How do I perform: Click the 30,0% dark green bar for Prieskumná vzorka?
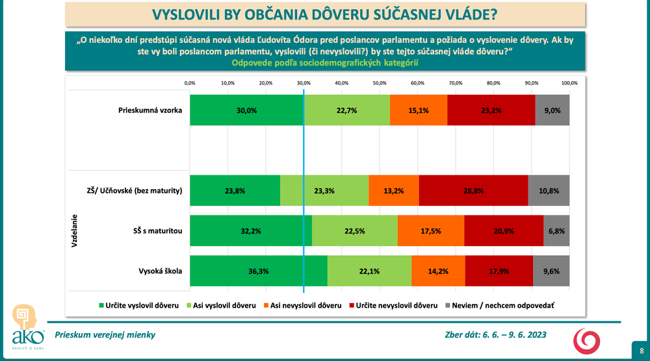click(246, 110)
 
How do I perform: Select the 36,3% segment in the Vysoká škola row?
click(259, 271)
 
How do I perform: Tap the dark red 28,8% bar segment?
click(473, 191)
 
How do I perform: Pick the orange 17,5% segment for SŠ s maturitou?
click(431, 231)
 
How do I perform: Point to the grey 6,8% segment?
click(556, 231)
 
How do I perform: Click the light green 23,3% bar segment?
click(324, 191)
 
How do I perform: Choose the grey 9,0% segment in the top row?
click(552, 110)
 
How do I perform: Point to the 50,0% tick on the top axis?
click(380, 83)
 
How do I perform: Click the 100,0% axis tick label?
click(569, 83)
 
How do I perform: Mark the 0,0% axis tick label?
click(190, 83)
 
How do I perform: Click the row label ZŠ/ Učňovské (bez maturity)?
click(130, 191)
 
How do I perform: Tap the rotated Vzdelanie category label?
click(75, 231)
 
